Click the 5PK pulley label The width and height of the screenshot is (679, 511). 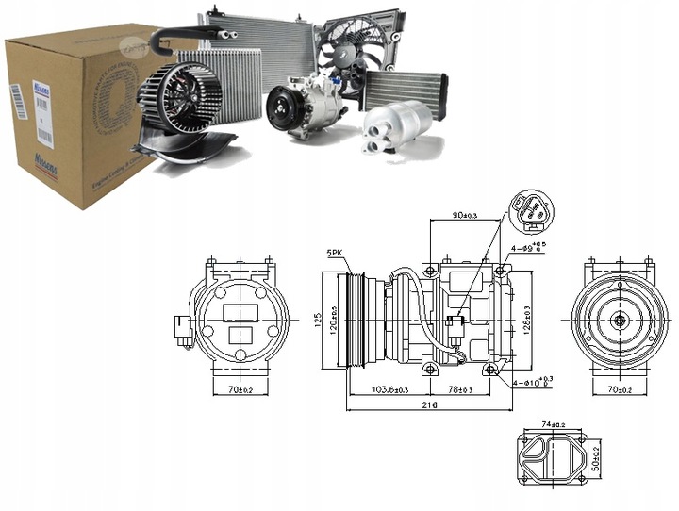pyautogui.click(x=335, y=254)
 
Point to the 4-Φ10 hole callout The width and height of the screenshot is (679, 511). pyautogui.click(x=536, y=382)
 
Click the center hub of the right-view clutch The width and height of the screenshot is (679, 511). pyautogui.click(x=620, y=321)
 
